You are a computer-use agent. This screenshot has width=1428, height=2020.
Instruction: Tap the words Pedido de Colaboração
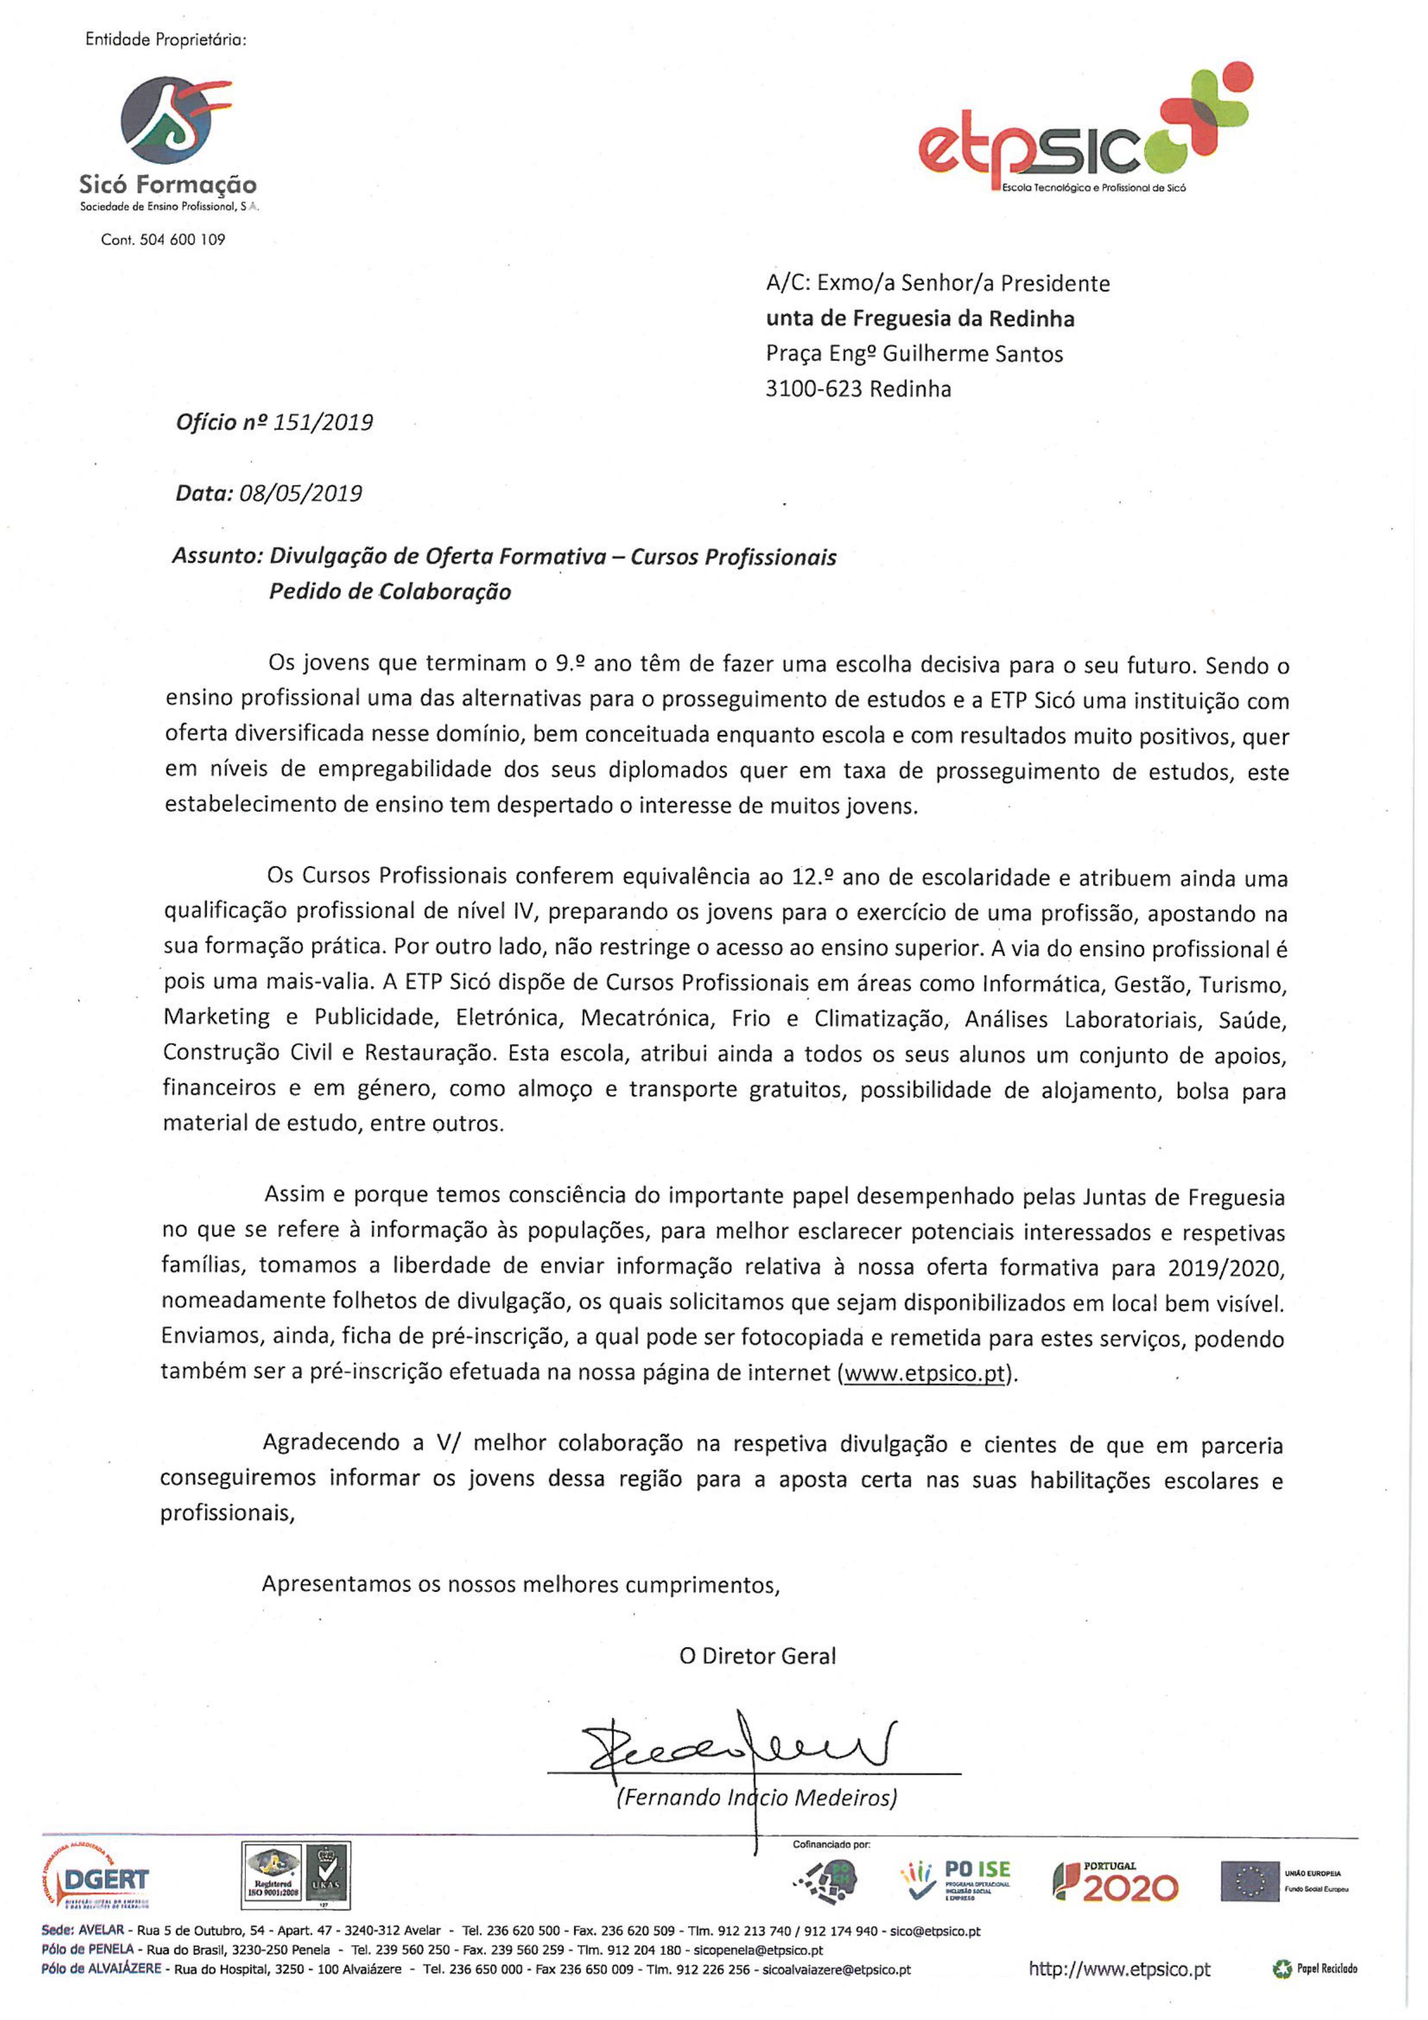pyautogui.click(x=390, y=592)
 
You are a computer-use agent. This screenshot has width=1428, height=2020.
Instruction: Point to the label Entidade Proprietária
pyautogui.click(x=165, y=40)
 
